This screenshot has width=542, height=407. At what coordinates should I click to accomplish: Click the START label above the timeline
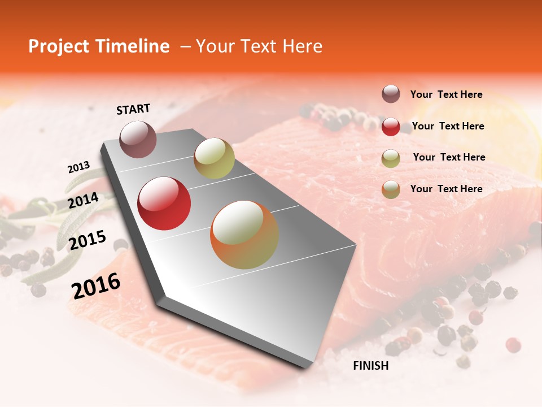(133, 109)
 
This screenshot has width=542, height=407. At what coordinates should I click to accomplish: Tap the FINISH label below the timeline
(370, 366)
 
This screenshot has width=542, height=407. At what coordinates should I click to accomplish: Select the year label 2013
(78, 167)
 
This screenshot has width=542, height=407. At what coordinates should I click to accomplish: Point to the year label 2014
(83, 201)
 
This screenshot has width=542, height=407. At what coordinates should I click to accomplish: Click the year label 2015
(88, 240)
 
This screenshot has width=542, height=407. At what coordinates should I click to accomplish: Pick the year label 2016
(96, 286)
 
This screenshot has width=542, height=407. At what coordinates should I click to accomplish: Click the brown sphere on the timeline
(138, 139)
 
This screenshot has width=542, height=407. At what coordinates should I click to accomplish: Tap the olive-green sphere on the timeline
(214, 158)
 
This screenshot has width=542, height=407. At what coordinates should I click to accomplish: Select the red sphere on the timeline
(164, 203)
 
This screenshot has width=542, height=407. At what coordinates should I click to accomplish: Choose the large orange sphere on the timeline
(244, 235)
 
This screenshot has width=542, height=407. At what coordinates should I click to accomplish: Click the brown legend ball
(391, 94)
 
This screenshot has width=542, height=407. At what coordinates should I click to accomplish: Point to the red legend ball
(391, 126)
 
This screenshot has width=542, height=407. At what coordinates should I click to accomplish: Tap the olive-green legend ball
(391, 158)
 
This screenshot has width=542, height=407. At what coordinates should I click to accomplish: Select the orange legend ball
(391, 189)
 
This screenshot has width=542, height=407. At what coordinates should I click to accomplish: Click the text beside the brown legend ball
(446, 95)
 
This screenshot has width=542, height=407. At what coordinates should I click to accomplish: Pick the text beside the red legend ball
(448, 126)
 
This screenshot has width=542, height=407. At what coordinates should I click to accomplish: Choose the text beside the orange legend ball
(446, 189)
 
